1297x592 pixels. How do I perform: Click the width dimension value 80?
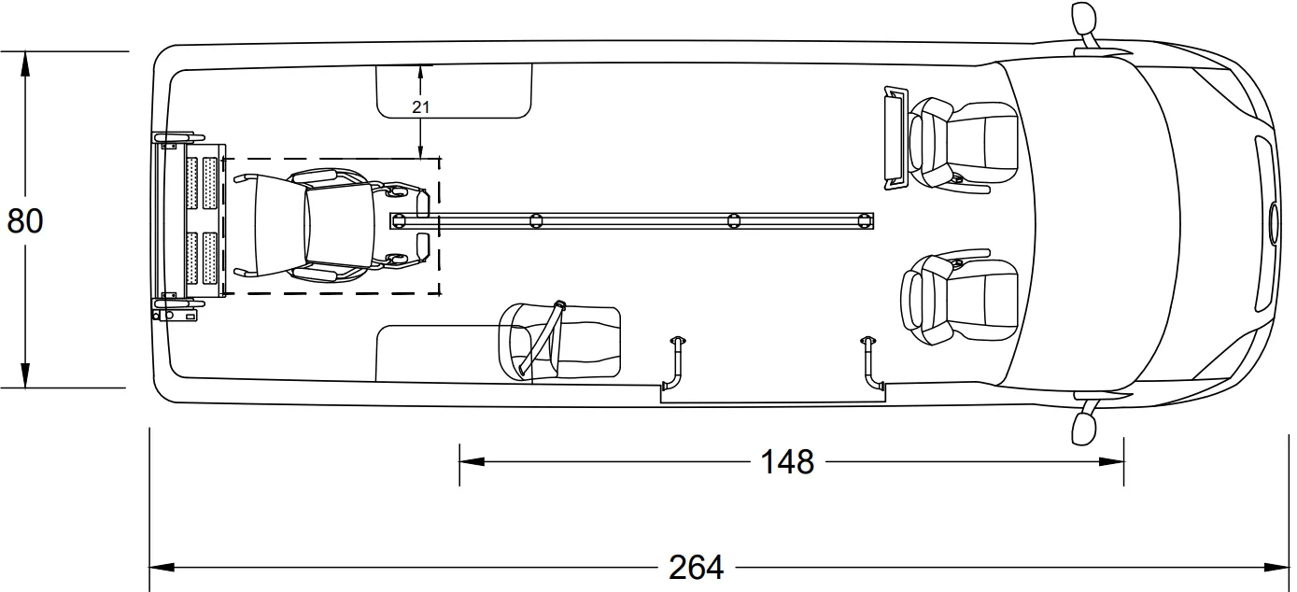tap(25, 221)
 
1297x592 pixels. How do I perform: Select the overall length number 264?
tap(696, 567)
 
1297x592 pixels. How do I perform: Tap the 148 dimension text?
tap(786, 461)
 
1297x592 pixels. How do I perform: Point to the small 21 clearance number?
tap(421, 107)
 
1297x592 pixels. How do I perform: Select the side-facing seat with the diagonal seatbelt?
tap(559, 340)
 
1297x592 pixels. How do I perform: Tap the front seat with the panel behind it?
tap(962, 143)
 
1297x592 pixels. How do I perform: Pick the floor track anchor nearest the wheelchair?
tap(400, 220)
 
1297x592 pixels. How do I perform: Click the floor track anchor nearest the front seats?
tap(865, 220)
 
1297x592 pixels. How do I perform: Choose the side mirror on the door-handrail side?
tap(1083, 425)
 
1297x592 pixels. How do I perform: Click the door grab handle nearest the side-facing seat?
tap(675, 364)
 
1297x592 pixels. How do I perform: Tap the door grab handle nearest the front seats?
tap(871, 364)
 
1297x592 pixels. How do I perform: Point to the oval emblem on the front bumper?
tap(1275, 222)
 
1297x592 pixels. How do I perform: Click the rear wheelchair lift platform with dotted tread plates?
tap(190, 221)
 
